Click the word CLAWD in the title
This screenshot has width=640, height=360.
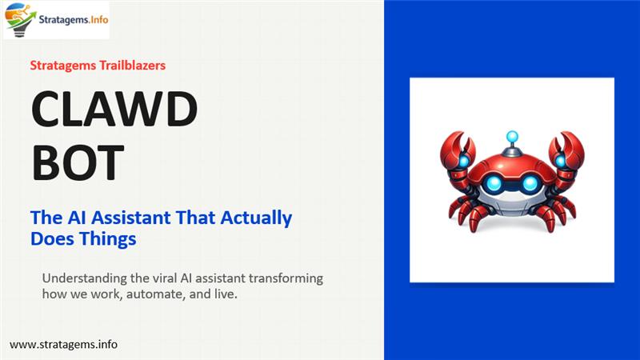(113, 112)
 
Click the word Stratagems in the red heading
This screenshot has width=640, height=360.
(62, 66)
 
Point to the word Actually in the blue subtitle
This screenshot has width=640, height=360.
(258, 218)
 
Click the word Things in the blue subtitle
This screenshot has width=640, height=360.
(109, 238)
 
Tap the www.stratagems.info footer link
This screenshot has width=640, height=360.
(64, 344)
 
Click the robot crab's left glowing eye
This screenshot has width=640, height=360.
(494, 184)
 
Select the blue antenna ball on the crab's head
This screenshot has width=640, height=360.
(511, 137)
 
